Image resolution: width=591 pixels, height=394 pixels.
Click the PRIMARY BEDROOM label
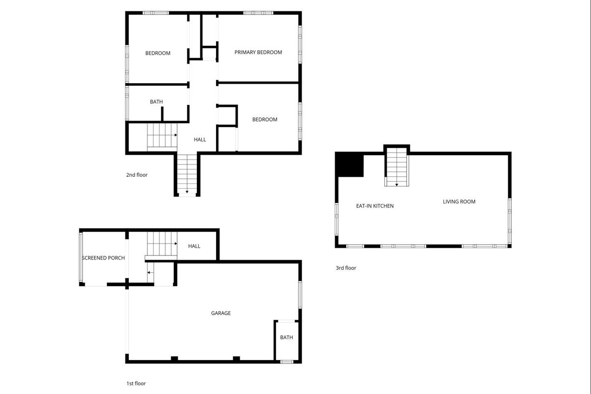[258, 52]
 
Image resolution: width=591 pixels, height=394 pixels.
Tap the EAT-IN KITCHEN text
[374, 206]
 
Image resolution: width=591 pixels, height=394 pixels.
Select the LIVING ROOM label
[459, 202]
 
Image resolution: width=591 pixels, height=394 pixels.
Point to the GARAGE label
[221, 313]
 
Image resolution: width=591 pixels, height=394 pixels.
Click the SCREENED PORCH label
[103, 258]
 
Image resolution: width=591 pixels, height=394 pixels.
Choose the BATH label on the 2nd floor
[156, 101]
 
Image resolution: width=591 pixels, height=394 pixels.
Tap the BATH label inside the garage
[286, 337]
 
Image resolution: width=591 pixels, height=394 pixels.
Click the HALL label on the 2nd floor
[200, 140]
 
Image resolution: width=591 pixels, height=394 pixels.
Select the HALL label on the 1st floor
[194, 246]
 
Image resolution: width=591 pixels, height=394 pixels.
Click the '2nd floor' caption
[137, 175]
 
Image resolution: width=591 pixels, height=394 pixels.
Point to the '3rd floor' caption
[346, 268]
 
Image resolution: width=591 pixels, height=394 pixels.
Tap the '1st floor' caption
[136, 384]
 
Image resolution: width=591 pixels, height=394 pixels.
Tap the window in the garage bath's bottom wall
[286, 362]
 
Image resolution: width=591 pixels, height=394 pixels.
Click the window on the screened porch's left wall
[81, 257]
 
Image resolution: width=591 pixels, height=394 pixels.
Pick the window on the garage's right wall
[300, 295]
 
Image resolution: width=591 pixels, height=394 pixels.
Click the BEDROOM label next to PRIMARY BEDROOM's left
[158, 53]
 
